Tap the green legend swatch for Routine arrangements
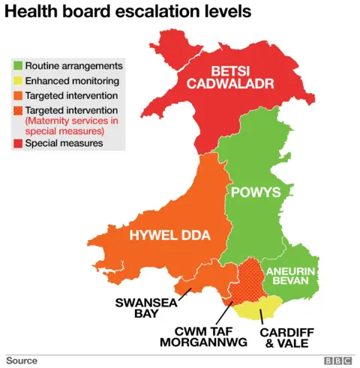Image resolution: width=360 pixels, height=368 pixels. (16, 66)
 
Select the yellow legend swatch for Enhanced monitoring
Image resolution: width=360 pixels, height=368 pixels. (16, 80)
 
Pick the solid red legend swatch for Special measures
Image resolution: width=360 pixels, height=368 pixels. (16, 142)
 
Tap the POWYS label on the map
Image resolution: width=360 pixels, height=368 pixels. (255, 192)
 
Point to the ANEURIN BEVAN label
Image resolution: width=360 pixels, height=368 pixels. (294, 274)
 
